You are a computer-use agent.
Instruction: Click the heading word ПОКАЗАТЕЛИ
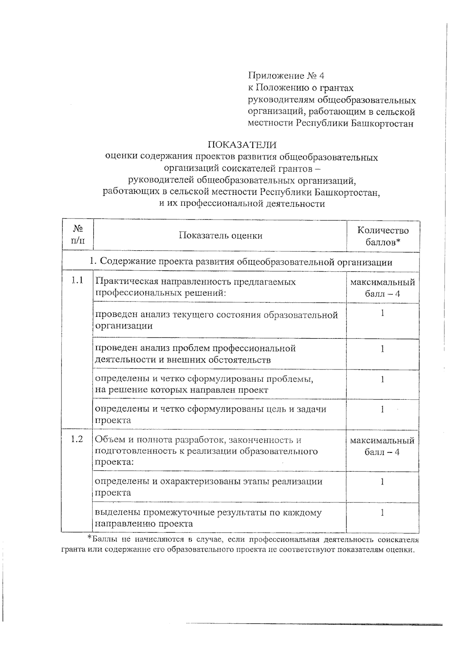(x=242, y=145)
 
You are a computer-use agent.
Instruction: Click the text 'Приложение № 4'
(x=286, y=75)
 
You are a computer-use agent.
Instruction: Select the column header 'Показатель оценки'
(x=221, y=236)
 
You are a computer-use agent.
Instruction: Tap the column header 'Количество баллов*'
(x=382, y=236)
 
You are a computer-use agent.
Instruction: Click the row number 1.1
(x=77, y=281)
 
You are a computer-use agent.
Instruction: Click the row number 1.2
(x=77, y=439)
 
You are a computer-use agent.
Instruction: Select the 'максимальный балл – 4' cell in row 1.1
(x=382, y=288)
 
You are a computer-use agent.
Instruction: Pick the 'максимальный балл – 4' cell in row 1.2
(x=382, y=446)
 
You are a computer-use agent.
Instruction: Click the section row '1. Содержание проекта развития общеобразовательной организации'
(x=240, y=262)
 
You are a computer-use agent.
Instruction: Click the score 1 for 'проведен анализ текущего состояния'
(x=382, y=313)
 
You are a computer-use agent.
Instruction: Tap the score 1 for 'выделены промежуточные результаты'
(x=382, y=513)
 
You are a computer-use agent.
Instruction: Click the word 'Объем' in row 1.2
(x=108, y=440)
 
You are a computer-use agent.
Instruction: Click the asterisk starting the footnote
(x=89, y=538)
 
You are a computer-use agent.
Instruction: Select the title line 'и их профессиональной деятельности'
(x=242, y=204)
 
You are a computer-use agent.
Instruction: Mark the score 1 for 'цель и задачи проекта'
(x=382, y=409)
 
